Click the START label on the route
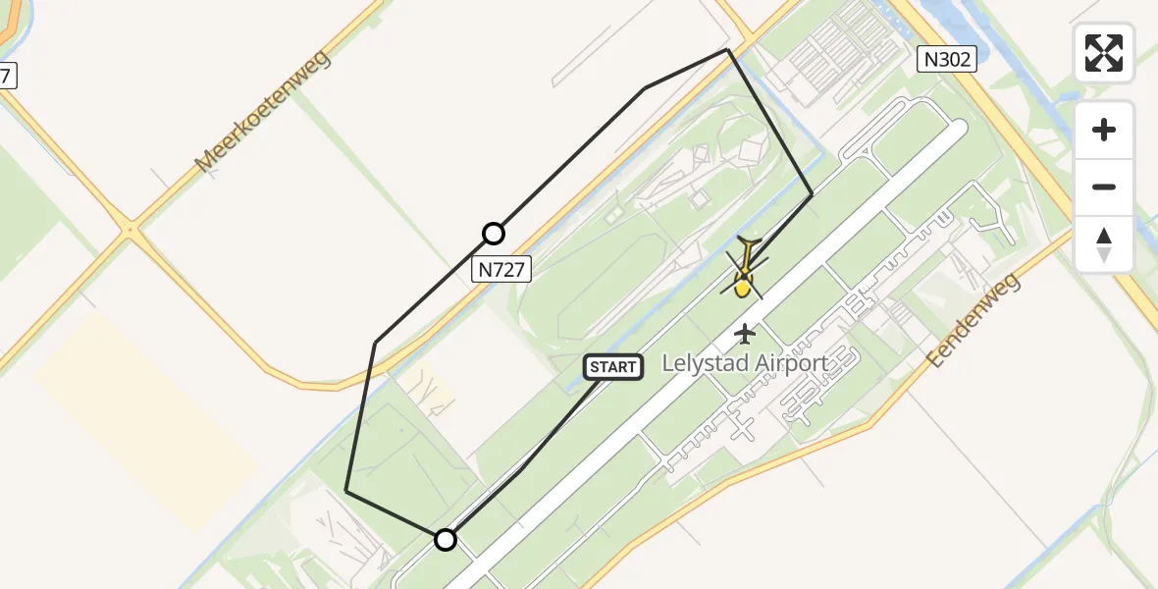[613, 367]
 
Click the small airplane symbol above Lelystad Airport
[745, 334]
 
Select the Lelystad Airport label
[745, 363]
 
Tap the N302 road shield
[947, 60]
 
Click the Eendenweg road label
[974, 320]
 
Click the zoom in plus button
[1104, 130]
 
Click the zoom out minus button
[1104, 187]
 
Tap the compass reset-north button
[1104, 244]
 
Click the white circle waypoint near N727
[494, 234]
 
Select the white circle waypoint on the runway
[446, 539]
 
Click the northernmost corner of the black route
[727, 49]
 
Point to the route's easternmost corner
[812, 195]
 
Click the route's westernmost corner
[346, 491]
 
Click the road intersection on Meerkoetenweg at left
[130, 232]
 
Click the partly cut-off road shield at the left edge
[6, 75]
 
